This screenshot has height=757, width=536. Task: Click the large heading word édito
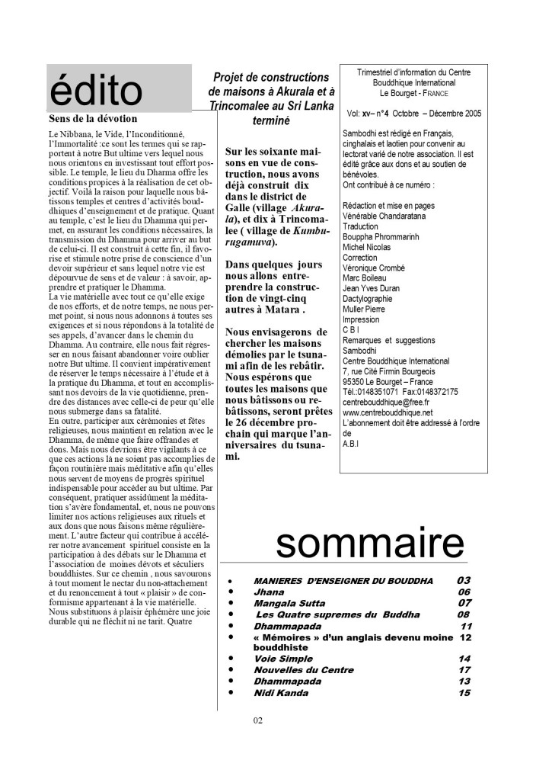pos(94,92)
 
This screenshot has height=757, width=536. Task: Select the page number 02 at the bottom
pos(257,720)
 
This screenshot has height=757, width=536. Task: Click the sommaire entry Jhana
pos(270,592)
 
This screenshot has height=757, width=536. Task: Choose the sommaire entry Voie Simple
pos(284,659)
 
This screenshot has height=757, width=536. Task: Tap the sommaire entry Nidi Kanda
pos(281,692)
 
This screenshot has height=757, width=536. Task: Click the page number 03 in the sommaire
pos(464,580)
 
